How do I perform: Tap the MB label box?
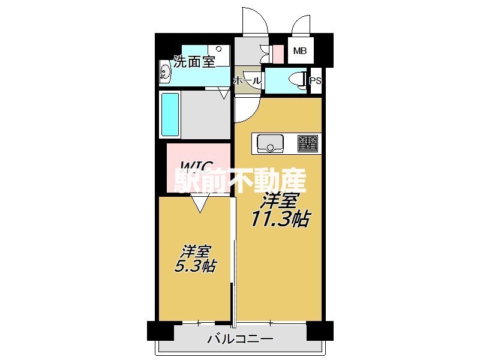(299, 51)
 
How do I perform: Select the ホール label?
(246, 80)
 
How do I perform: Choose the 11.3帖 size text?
(281, 220)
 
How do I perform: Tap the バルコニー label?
(240, 340)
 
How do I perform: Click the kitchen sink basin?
(271, 143)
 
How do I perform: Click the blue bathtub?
(170, 115)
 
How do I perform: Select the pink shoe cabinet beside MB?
(277, 53)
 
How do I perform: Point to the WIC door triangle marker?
(199, 204)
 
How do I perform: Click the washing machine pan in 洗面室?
(220, 55)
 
